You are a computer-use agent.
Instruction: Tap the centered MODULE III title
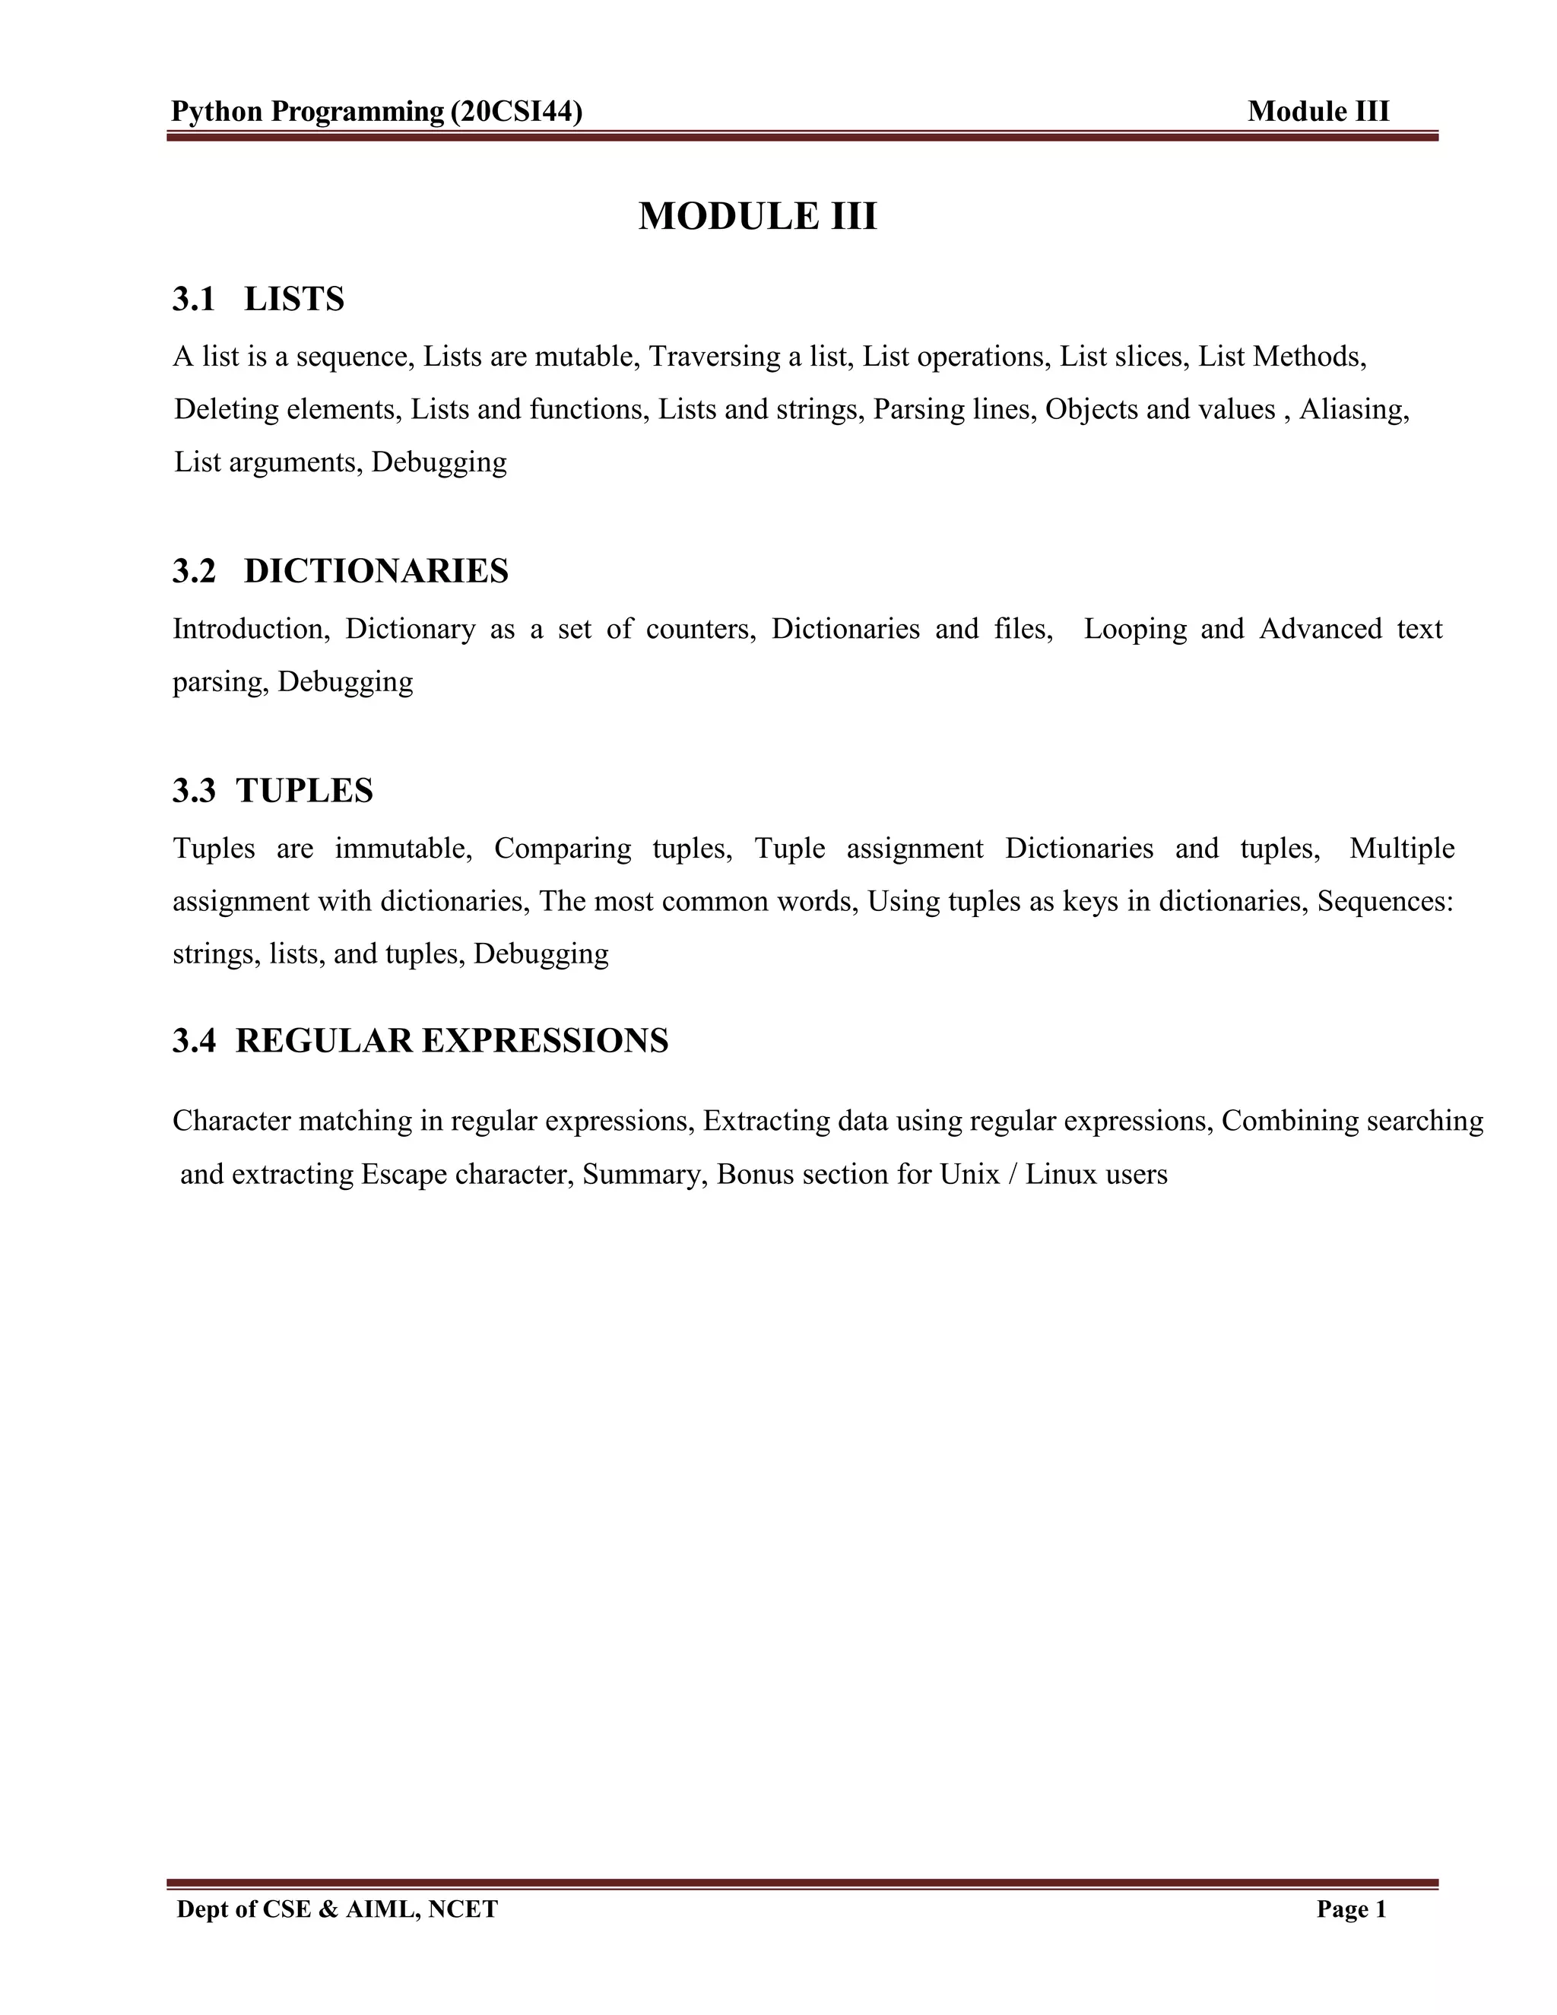tap(757, 216)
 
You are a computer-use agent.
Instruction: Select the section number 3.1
tap(194, 299)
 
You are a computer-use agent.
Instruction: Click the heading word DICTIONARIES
tap(376, 571)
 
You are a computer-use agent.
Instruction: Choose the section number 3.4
tap(194, 1041)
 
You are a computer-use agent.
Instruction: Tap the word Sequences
tap(1384, 900)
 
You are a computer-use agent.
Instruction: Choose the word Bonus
tap(748, 1175)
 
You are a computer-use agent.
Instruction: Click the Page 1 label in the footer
tap(1351, 1909)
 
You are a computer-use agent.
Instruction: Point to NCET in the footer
tap(463, 1909)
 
